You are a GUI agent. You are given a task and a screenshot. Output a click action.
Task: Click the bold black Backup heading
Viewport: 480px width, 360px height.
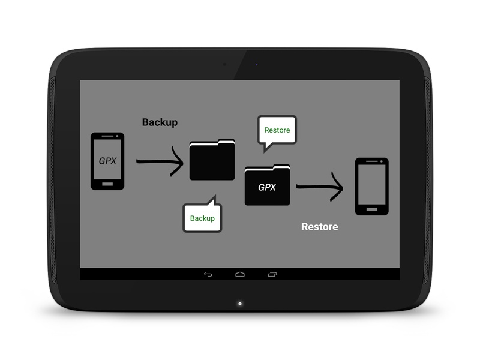click(160, 122)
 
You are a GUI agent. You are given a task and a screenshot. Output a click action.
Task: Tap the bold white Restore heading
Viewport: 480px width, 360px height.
click(320, 227)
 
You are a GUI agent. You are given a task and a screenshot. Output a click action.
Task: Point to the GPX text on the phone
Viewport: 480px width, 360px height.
click(107, 161)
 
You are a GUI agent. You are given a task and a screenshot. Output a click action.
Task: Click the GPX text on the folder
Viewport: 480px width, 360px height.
click(267, 187)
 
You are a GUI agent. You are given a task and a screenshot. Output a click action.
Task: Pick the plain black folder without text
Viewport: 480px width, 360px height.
click(212, 160)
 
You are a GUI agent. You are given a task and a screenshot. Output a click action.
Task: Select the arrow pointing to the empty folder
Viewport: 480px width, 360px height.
click(160, 161)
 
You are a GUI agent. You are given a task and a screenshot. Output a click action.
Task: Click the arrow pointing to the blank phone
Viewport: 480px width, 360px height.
click(320, 187)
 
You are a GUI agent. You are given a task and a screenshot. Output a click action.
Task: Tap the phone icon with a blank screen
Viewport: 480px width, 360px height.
click(371, 187)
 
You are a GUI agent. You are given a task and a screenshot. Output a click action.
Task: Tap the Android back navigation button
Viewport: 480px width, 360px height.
click(208, 274)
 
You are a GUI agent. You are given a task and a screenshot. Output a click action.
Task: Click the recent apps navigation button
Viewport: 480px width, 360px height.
click(272, 274)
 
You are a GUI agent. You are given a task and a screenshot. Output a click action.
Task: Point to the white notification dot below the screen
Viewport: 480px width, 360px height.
click(240, 304)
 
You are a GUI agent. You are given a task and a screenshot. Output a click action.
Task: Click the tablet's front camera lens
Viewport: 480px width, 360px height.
click(224, 65)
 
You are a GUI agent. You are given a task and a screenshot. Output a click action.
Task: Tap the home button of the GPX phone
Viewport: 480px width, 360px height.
click(107, 184)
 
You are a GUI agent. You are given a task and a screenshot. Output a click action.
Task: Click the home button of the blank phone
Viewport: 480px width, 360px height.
click(371, 209)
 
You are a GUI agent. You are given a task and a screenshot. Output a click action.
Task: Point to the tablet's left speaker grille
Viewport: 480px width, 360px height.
click(53, 181)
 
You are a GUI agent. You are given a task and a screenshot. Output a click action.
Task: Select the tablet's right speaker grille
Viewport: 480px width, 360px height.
click(427, 181)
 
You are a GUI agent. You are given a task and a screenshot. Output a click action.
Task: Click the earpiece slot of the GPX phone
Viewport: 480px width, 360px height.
click(107, 136)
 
